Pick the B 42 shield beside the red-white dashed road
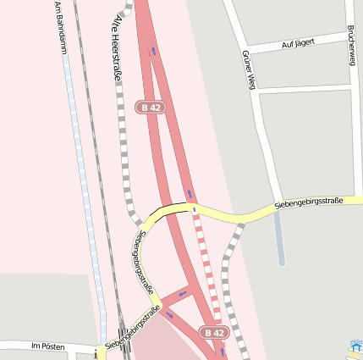[x=214, y=333]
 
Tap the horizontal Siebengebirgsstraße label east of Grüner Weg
[x=308, y=202]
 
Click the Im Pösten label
[x=47, y=346]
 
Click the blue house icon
[x=356, y=346]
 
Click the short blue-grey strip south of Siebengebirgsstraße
[x=279, y=237]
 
